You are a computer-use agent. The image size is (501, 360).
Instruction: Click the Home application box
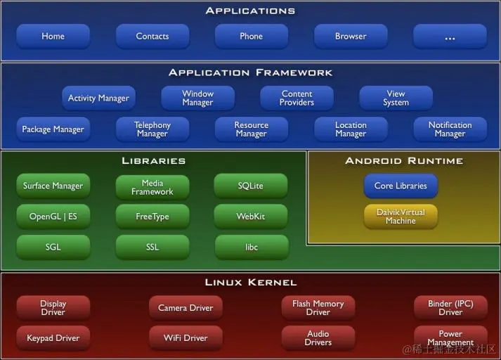(53, 37)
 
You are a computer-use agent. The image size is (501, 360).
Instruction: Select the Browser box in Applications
(351, 37)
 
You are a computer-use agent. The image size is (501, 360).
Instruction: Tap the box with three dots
(450, 37)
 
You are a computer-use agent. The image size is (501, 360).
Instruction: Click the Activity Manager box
(98, 98)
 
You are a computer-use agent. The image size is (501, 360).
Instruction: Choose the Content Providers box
(297, 98)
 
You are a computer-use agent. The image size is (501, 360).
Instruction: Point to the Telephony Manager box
(152, 129)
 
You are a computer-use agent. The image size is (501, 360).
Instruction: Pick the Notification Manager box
(450, 129)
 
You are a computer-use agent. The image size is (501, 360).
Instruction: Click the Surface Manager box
(53, 186)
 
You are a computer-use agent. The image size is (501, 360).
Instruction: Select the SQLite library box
(251, 186)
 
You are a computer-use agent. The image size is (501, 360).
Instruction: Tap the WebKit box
(251, 217)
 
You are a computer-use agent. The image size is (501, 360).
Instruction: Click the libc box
(251, 247)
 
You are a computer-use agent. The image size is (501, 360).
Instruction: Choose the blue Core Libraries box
(401, 186)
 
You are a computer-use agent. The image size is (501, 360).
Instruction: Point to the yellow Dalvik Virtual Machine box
(401, 217)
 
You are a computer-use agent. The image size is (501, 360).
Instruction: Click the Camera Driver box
(186, 308)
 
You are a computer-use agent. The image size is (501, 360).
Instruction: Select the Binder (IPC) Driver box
(450, 308)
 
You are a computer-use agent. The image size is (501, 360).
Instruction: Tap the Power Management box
(450, 338)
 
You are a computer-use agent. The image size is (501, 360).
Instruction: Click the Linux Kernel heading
(251, 283)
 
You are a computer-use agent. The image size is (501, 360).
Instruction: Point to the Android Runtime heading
(404, 161)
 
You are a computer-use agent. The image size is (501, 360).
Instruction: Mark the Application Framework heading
(251, 73)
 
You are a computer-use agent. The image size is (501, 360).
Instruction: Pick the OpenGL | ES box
(53, 217)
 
